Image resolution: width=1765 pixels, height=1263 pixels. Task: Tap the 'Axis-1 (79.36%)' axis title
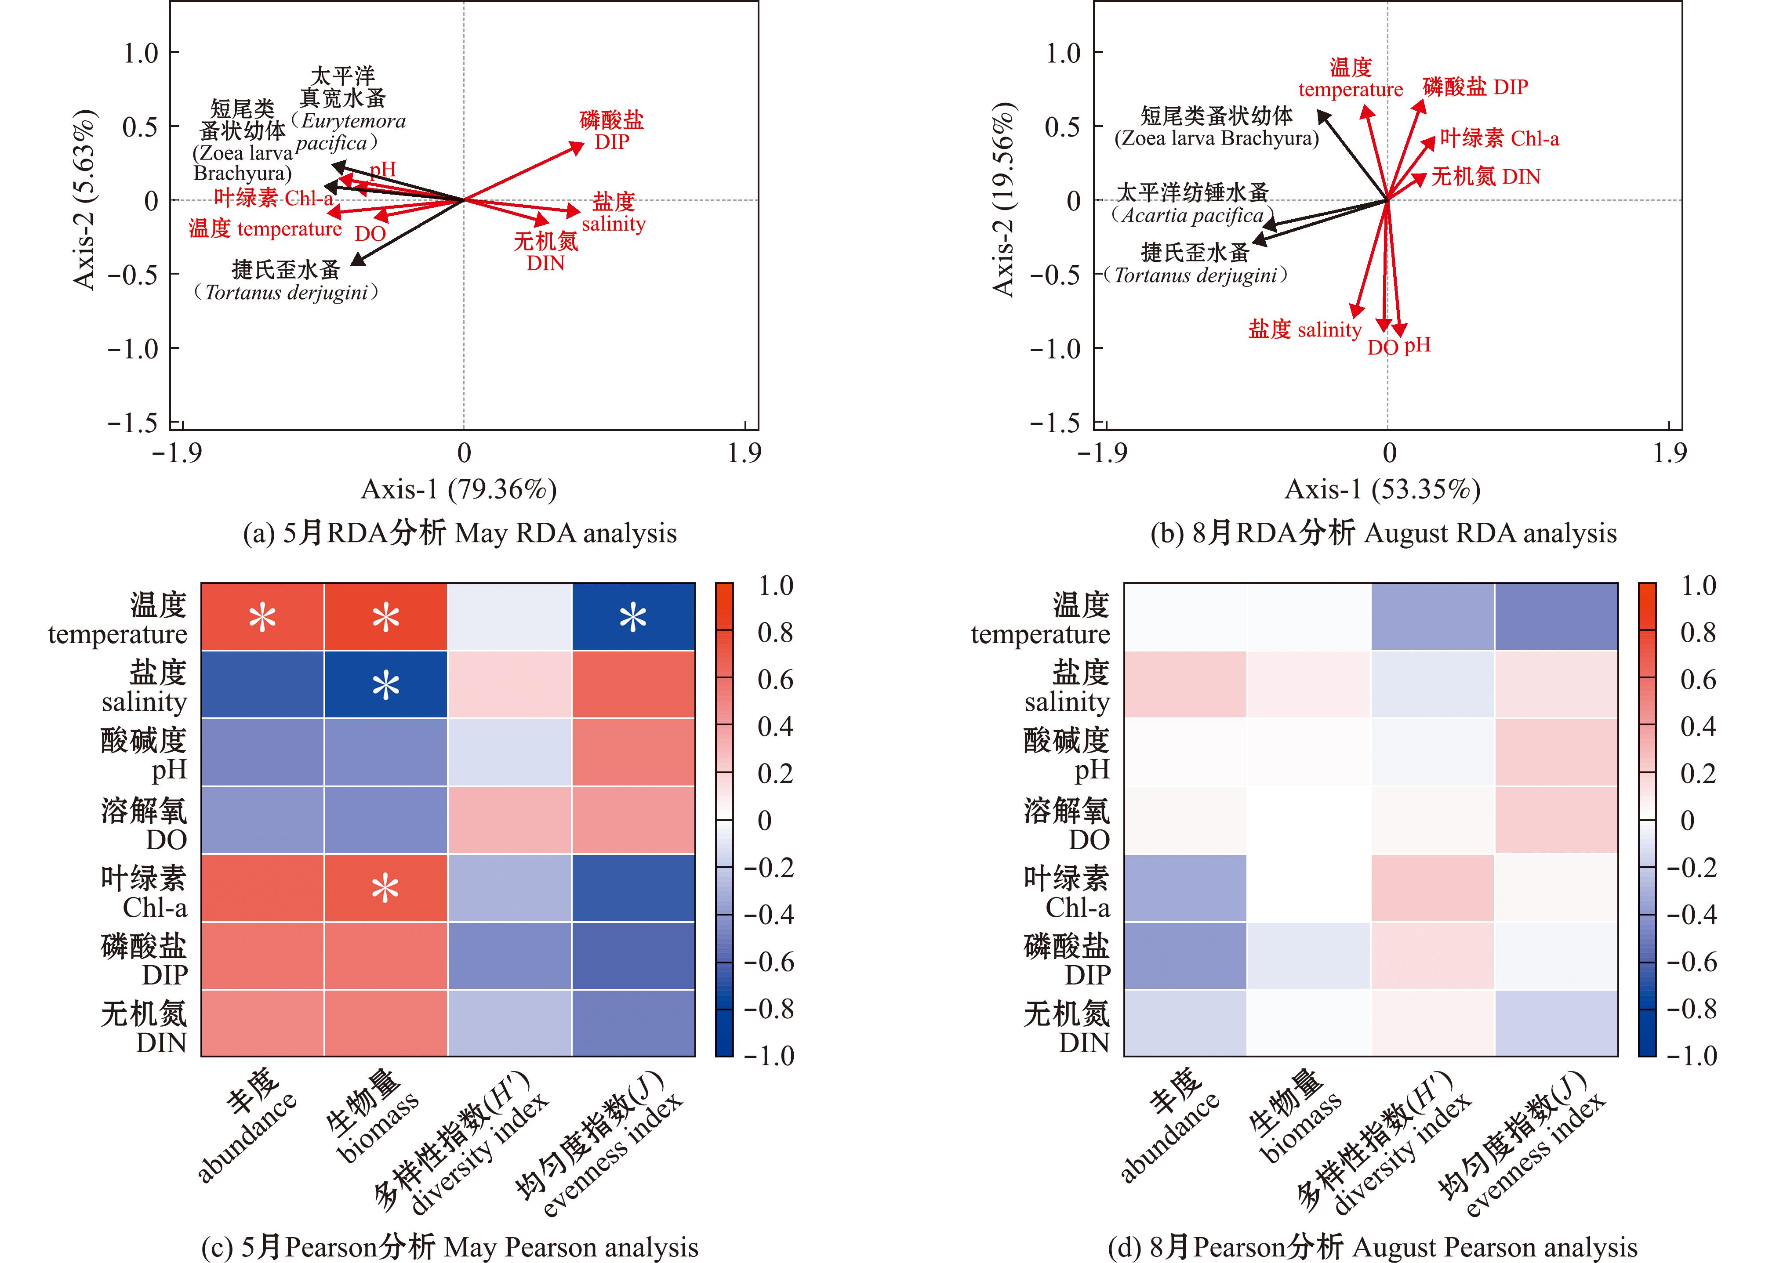click(459, 489)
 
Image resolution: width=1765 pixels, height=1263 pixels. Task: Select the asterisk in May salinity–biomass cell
click(386, 685)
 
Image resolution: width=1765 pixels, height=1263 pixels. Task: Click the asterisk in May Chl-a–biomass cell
click(386, 888)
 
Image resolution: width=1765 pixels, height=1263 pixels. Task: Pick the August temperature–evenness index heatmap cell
click(1556, 617)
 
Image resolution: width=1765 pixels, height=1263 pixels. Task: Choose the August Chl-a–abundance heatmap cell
click(1185, 888)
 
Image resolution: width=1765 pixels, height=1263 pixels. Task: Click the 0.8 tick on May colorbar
click(775, 632)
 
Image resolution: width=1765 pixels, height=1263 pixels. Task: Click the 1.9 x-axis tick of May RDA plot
click(744, 452)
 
